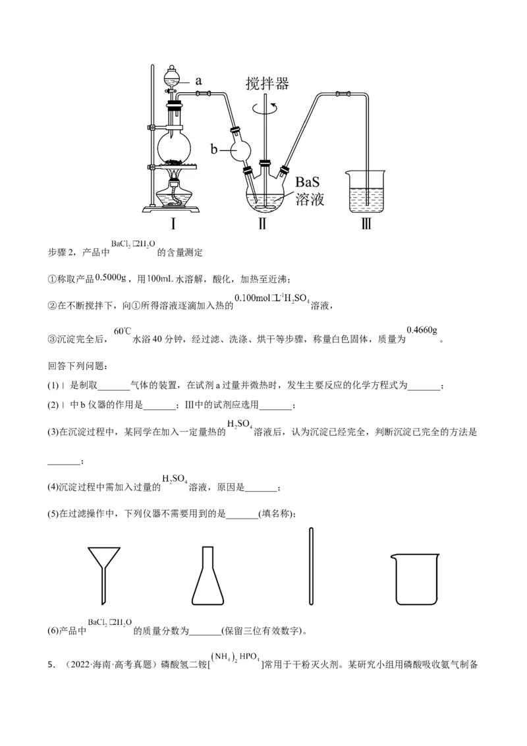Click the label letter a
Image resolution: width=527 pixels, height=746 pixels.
point(198,81)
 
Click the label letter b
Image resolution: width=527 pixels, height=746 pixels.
point(213,150)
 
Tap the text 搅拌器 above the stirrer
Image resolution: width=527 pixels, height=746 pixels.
point(267,84)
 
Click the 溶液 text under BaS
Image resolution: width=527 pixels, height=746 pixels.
point(310,199)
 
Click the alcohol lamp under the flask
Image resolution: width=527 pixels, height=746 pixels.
point(175,194)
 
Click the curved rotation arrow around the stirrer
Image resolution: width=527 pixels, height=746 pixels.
point(266,105)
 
